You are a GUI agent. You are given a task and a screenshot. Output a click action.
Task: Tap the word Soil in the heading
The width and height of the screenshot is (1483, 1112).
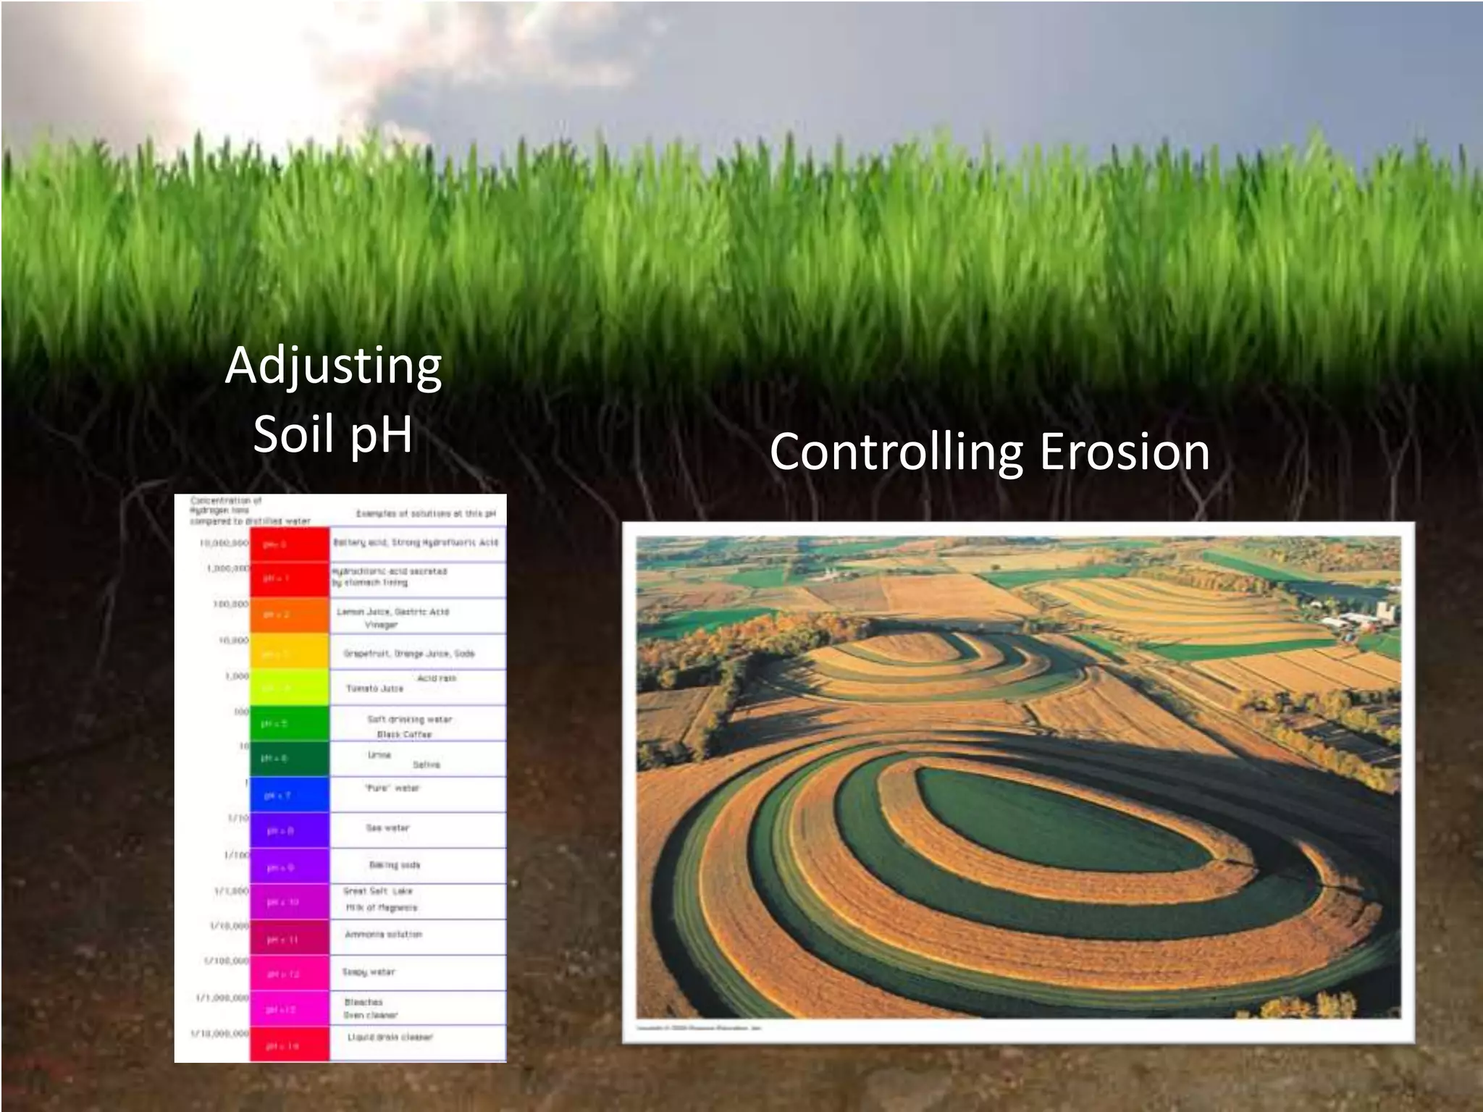pos(287,434)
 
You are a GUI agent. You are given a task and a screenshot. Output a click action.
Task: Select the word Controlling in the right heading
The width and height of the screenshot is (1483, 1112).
pos(896,452)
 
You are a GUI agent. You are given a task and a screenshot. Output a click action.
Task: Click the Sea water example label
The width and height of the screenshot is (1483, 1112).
pos(387,827)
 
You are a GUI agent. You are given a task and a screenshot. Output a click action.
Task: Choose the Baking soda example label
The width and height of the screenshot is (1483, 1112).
pos(394,864)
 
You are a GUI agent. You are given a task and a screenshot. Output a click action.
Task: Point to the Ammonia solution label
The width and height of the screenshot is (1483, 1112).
pos(383,935)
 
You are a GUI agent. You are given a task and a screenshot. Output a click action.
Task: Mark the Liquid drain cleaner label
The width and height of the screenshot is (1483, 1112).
pos(390,1037)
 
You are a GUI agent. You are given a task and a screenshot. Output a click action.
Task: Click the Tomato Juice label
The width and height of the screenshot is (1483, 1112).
pos(374,688)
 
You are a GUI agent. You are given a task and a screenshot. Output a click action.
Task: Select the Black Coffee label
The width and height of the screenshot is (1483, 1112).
pos(404,734)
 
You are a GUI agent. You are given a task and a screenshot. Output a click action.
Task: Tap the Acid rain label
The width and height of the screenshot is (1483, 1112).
pos(437,678)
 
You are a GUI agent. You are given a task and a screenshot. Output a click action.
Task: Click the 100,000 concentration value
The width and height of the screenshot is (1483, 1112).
pos(230,604)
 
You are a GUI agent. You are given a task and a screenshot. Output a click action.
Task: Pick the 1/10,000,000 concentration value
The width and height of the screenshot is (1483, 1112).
pos(220,1033)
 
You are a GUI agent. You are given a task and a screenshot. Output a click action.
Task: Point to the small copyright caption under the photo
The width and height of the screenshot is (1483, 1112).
pos(699,1027)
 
